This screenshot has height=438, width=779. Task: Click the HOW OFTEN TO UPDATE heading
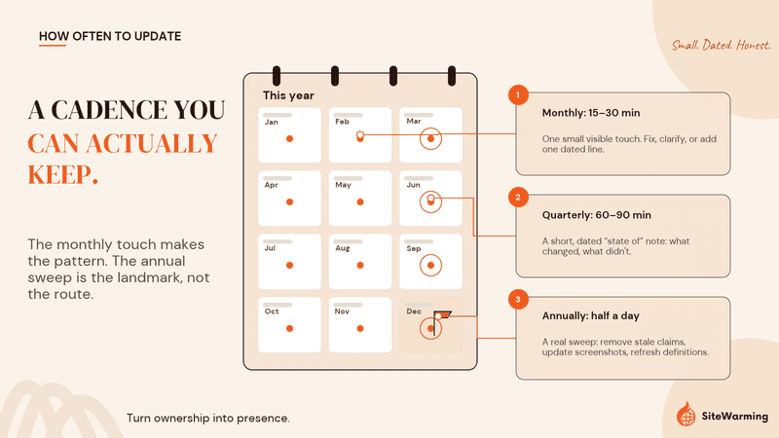[x=110, y=36]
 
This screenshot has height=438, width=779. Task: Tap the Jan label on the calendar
[x=272, y=122]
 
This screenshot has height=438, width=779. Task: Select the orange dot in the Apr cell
[x=289, y=202]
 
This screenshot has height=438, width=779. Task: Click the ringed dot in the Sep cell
[x=430, y=265]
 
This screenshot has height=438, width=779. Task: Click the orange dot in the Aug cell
[x=360, y=265]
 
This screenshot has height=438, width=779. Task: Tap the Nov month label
[x=342, y=311]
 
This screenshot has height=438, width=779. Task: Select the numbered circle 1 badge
[x=518, y=94]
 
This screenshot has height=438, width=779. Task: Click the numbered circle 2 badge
[x=518, y=198]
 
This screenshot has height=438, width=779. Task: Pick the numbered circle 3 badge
[x=518, y=299]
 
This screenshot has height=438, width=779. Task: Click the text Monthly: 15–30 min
[x=591, y=113]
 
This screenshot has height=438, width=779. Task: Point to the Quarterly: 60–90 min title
[x=596, y=215]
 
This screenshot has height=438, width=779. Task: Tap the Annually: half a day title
[x=591, y=315]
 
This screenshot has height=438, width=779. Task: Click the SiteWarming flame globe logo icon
[x=686, y=414]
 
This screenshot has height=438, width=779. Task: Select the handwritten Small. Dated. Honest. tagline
[x=721, y=45]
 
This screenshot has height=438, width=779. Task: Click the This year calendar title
[x=288, y=95]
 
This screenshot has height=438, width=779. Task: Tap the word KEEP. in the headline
[x=63, y=175]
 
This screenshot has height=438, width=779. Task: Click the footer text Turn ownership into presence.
[x=208, y=419]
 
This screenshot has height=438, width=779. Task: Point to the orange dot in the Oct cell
[x=289, y=328]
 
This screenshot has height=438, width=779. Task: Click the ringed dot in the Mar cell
[x=430, y=138]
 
